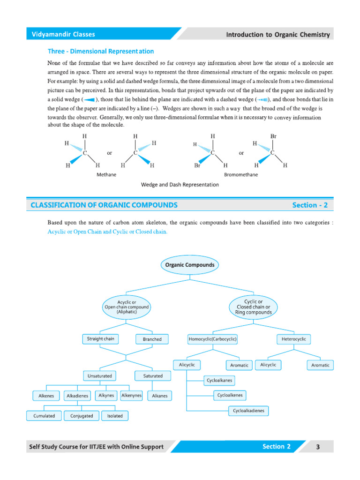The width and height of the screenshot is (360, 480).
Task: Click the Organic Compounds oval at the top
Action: pos(190,265)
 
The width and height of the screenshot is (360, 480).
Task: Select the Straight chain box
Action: pos(100,338)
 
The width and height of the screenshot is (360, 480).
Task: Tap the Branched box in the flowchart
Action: pos(152,339)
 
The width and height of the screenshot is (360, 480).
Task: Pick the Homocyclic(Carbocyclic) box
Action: pos(212,338)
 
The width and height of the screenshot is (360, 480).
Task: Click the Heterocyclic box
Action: pos(294,338)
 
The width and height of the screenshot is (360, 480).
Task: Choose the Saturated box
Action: pos(153,376)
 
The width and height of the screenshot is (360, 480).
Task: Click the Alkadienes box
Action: pos(77,396)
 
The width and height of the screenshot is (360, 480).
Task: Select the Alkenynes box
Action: pos(131,396)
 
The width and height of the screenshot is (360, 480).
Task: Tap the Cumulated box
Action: pos(44,416)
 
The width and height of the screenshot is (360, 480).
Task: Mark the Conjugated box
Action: pos(82,416)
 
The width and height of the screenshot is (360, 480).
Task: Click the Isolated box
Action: pos(115,416)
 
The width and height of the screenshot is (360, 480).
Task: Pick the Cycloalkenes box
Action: pos(230,395)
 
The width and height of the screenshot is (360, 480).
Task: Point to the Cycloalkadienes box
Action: pos(248,411)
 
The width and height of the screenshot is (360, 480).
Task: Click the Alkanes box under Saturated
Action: pos(160,396)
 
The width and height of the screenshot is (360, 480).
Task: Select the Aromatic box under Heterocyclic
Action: pos(321,365)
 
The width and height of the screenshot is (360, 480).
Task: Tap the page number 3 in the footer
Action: pos(318,447)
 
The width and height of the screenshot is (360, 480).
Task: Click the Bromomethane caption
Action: pos(241,174)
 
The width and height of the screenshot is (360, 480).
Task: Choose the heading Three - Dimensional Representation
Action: pos(101,51)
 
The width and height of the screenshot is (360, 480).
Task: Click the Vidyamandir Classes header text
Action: pos(63,34)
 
